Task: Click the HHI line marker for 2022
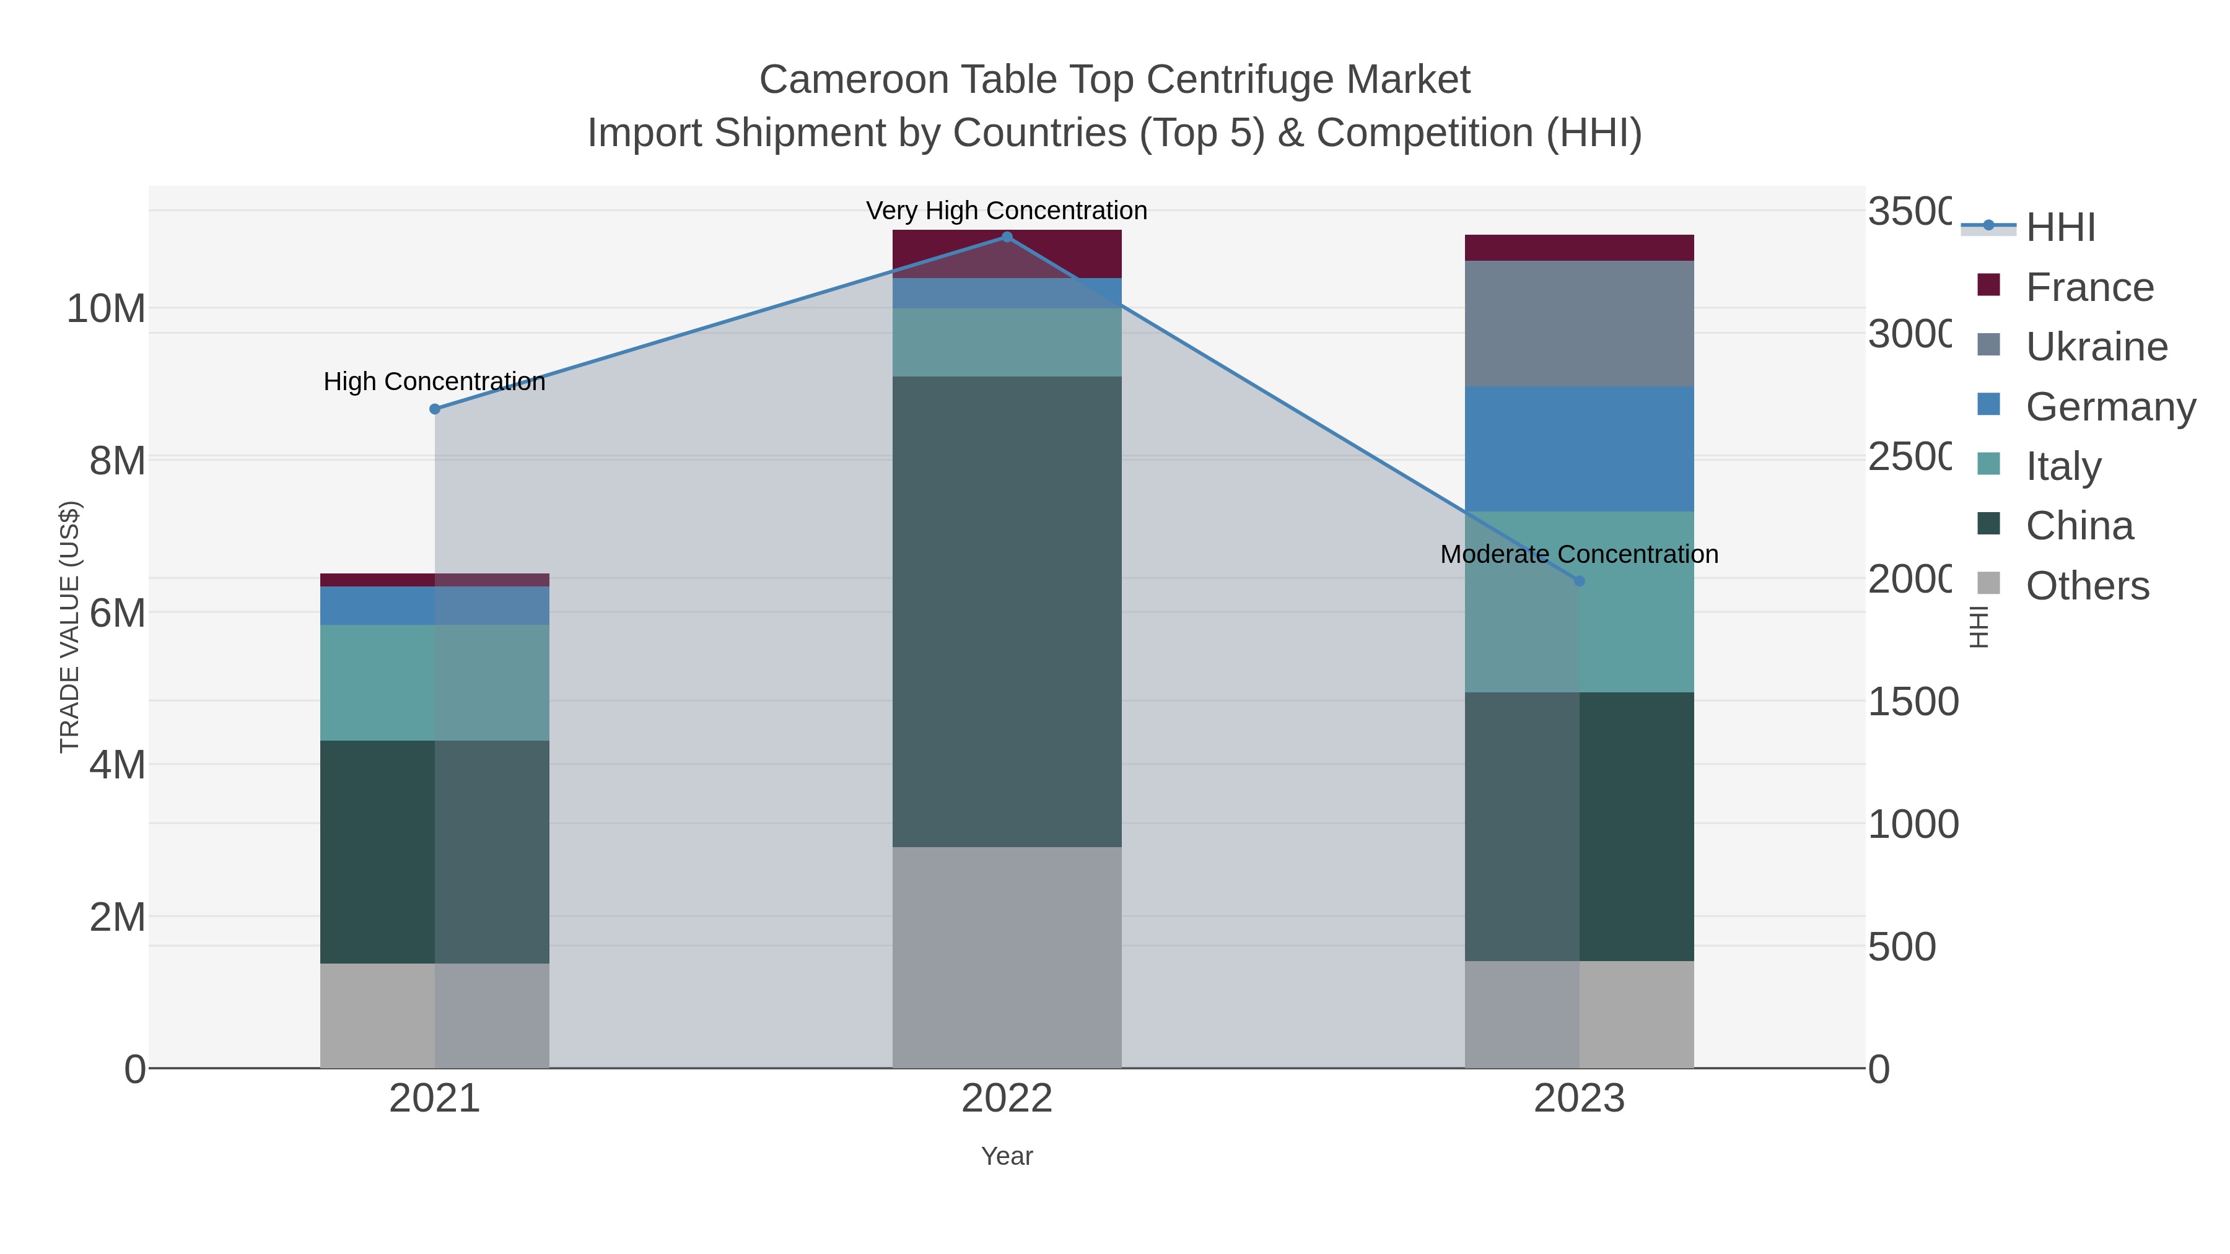(x=1007, y=237)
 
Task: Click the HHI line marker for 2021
(x=435, y=409)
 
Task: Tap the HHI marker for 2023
(x=1579, y=581)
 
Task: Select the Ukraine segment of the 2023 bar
(x=1579, y=324)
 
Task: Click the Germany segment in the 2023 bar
(x=1579, y=449)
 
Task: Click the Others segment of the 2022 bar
(x=1007, y=957)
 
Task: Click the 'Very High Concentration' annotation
(x=1007, y=211)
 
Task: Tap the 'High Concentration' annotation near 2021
(x=435, y=381)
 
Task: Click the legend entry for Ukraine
(x=2096, y=347)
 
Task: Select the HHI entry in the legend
(x=2060, y=228)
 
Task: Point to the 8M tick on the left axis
(x=117, y=461)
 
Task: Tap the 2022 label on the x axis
(x=1007, y=1099)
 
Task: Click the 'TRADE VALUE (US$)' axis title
(x=69, y=627)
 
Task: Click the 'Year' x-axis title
(x=1007, y=1156)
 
